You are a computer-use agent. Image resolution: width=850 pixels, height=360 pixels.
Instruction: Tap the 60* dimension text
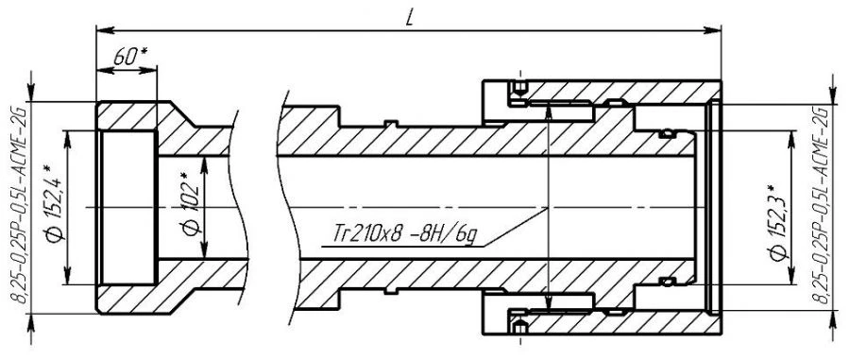click(x=130, y=58)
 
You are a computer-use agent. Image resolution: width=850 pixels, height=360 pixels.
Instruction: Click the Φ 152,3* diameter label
click(x=779, y=223)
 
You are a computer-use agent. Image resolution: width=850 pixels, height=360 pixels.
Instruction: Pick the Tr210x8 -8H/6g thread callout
click(x=405, y=235)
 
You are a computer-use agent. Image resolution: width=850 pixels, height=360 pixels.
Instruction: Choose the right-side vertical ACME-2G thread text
click(x=824, y=205)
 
